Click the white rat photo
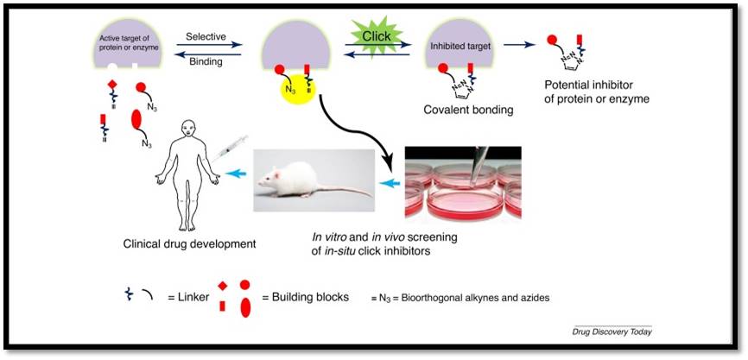314,180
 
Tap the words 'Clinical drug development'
189,243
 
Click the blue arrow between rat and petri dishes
391,184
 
